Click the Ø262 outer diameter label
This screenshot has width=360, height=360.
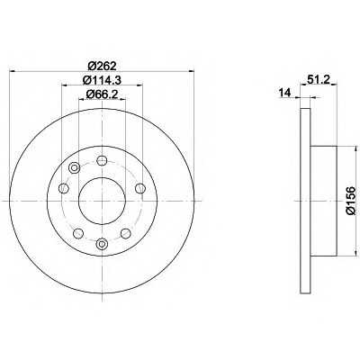[103, 66]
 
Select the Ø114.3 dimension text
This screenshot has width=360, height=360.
[102, 80]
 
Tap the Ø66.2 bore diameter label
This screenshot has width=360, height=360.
[102, 94]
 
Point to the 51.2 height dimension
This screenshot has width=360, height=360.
[319, 80]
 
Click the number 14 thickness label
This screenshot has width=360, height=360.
[285, 93]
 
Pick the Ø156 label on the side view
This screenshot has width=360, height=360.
[350, 201]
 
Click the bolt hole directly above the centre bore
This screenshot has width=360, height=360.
[102, 160]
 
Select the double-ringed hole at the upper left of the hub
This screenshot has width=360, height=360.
[74, 168]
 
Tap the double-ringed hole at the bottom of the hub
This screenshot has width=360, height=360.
[102, 243]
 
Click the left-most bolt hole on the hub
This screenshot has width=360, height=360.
[64, 188]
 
